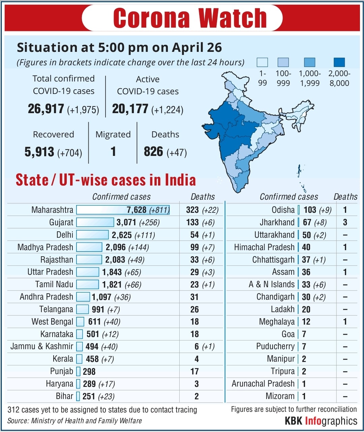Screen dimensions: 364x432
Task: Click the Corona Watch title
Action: click(x=190, y=18)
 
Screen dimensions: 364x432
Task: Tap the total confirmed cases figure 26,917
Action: click(x=46, y=109)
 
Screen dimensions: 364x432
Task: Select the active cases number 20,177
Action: click(x=130, y=109)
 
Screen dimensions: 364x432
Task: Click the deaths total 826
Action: click(x=153, y=152)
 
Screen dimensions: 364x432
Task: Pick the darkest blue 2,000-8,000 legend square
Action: click(x=339, y=62)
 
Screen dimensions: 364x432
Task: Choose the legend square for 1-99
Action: click(x=262, y=62)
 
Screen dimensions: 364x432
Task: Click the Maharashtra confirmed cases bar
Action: click(x=123, y=210)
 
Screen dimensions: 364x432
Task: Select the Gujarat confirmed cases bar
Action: click(x=95, y=223)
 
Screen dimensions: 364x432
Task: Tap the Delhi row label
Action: click(x=65, y=235)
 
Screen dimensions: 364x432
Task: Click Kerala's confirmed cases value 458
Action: click(x=92, y=359)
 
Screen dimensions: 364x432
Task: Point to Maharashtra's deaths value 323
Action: click(x=192, y=210)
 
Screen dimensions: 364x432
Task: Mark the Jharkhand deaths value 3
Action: click(x=345, y=223)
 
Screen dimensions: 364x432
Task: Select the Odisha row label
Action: click(x=283, y=210)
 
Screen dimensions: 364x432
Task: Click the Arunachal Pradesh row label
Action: click(x=263, y=384)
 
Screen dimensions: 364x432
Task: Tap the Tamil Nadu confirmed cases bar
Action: click(x=87, y=285)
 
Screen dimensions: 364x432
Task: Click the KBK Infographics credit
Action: click(x=321, y=421)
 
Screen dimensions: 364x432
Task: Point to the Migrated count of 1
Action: click(x=113, y=152)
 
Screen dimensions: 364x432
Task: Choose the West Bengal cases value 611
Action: click(x=94, y=322)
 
